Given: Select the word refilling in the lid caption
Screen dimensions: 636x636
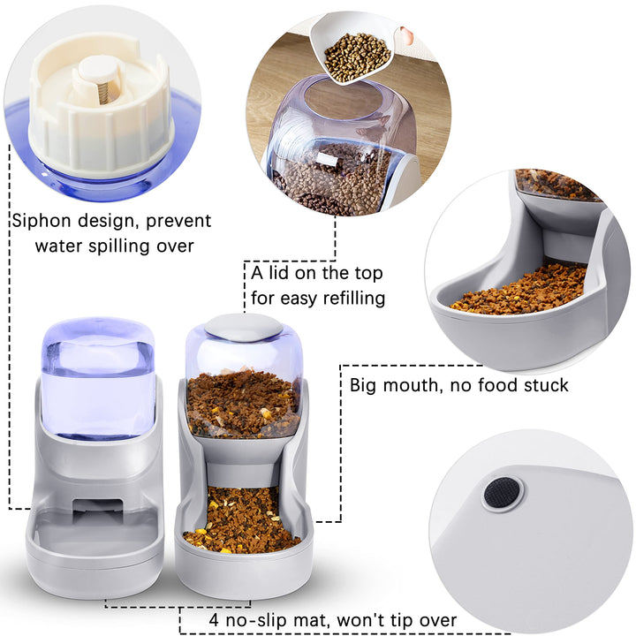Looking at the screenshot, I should [x=348, y=298].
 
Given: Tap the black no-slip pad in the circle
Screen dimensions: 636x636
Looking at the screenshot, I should [x=503, y=492].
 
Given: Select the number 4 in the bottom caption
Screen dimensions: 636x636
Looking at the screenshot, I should [x=215, y=620].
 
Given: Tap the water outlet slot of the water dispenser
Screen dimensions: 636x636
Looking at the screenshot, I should [x=95, y=507].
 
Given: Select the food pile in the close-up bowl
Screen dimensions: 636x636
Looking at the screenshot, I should [x=521, y=290].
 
